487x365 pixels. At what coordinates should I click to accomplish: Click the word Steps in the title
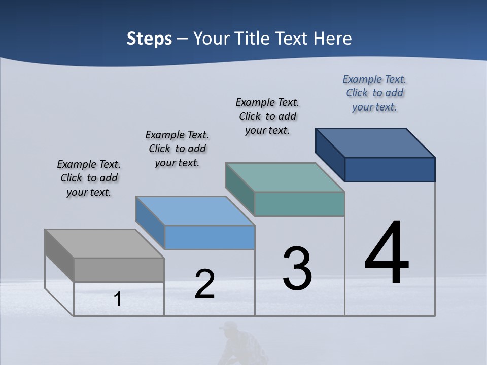149,39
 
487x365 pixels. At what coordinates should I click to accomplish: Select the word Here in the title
332,39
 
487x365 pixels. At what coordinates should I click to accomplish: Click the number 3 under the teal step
297,269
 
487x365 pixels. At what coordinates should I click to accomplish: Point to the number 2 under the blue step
204,284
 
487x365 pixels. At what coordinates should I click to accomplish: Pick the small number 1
118,299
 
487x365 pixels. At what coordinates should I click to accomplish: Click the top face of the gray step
104,244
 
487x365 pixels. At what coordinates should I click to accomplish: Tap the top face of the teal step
285,177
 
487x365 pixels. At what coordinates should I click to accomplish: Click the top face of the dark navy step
375,143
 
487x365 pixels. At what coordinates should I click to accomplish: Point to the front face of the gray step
119,270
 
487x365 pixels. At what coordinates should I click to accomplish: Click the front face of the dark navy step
390,169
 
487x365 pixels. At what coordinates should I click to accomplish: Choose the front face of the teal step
299,204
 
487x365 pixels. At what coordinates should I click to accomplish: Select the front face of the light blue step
210,237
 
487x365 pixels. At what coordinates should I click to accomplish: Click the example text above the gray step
89,178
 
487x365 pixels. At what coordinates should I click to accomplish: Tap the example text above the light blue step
177,149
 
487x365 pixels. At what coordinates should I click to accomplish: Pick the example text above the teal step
267,116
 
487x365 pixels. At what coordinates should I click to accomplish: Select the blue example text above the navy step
374,93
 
